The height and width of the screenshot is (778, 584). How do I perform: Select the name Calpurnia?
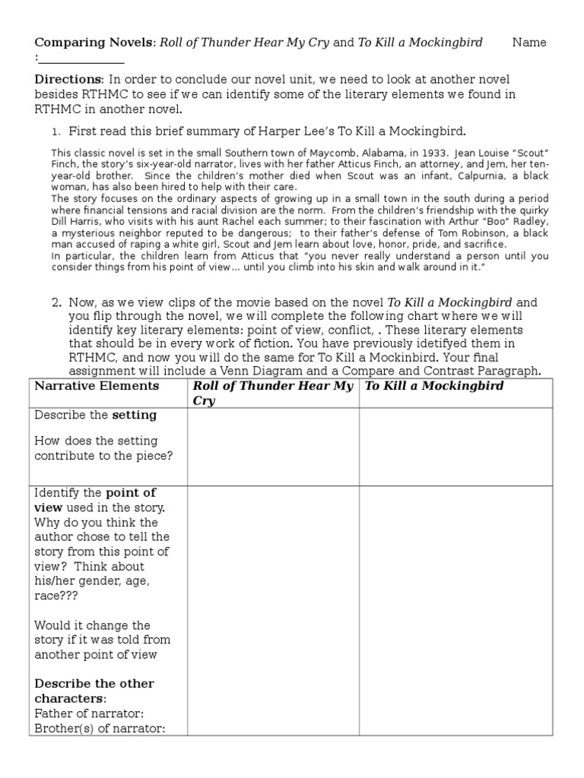point(446,176)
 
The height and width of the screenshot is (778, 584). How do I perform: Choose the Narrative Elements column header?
point(97,386)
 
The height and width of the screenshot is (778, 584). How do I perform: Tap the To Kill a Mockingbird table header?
point(434,386)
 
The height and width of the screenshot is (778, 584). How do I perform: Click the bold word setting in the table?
point(135,415)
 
